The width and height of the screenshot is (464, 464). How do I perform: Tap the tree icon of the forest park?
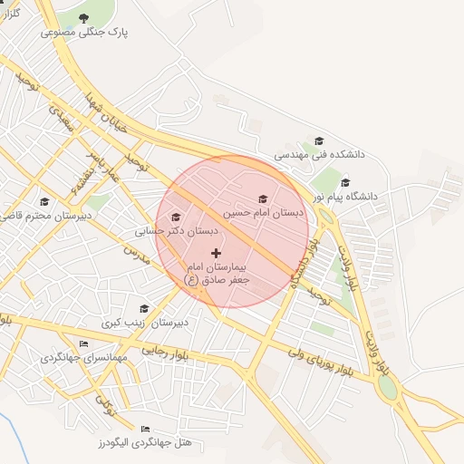click(84, 18)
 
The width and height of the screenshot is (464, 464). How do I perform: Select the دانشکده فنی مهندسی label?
click(319, 155)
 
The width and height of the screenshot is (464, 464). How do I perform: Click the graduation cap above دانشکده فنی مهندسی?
click(319, 141)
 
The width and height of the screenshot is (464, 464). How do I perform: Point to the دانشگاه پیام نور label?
click(345, 196)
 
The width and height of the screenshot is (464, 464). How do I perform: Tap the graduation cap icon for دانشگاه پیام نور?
click(345, 182)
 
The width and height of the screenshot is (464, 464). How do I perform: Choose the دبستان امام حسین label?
click(262, 213)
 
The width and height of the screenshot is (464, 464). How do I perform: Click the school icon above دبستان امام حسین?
click(263, 199)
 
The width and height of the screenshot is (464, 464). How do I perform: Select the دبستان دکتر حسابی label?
click(176, 231)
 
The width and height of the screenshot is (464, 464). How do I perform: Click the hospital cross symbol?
click(216, 253)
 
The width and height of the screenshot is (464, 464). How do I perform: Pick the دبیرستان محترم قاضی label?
click(43, 216)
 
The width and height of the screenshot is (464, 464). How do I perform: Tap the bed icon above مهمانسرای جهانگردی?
click(84, 344)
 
